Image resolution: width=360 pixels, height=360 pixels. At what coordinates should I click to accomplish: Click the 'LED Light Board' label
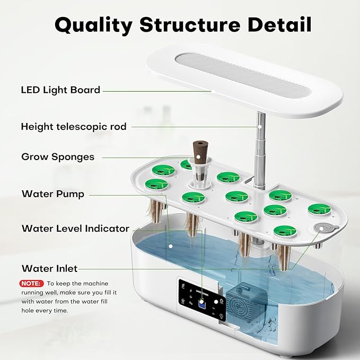60,90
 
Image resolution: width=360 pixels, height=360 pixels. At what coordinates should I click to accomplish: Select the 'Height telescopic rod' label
74,126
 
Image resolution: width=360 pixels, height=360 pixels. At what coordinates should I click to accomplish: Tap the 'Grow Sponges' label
58,157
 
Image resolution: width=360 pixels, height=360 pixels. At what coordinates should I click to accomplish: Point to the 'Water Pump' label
52,194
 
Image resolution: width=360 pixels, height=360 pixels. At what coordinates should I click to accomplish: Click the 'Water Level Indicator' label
75,229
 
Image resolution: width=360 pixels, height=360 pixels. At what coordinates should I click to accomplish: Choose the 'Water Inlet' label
49,268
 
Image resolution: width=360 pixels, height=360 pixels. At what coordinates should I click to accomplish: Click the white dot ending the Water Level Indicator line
170,245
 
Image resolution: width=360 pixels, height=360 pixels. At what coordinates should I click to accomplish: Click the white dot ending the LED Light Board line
212,91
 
